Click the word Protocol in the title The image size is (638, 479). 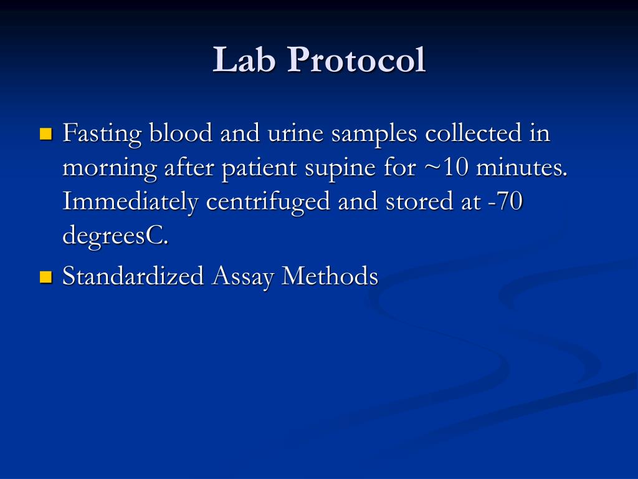[x=356, y=60]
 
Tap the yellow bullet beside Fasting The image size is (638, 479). [x=45, y=134]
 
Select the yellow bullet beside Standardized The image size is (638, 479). [x=45, y=276]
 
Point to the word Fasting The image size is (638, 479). [x=102, y=134]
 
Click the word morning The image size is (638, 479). [x=110, y=169]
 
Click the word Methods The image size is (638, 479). [x=330, y=276]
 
